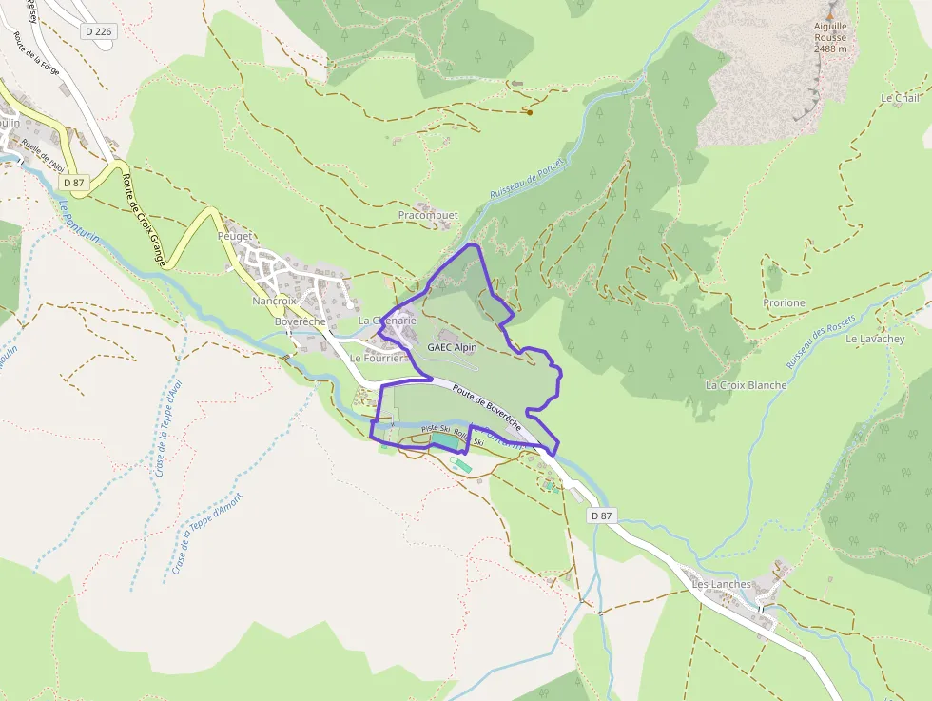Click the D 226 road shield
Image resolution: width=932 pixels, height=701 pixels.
coord(98,31)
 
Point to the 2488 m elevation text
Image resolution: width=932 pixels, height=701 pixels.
coord(830,49)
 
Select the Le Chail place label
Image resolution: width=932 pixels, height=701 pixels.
coord(900,98)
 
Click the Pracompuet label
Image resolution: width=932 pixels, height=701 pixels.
coord(428,216)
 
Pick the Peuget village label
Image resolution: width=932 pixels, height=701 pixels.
coord(234,236)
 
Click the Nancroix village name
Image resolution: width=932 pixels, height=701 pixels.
coord(275,301)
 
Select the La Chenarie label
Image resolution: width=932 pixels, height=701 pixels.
coord(387,321)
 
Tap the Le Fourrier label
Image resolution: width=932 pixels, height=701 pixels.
coord(378,359)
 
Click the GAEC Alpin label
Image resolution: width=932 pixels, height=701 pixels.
coord(452,348)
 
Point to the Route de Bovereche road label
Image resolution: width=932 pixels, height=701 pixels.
coord(486,403)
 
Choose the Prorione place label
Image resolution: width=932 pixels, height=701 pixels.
coord(784,303)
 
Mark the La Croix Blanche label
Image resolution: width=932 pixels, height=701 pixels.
coord(746,385)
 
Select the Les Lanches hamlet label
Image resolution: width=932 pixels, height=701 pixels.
coord(722,584)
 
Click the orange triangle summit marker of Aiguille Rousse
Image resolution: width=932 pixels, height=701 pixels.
coord(830,16)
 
